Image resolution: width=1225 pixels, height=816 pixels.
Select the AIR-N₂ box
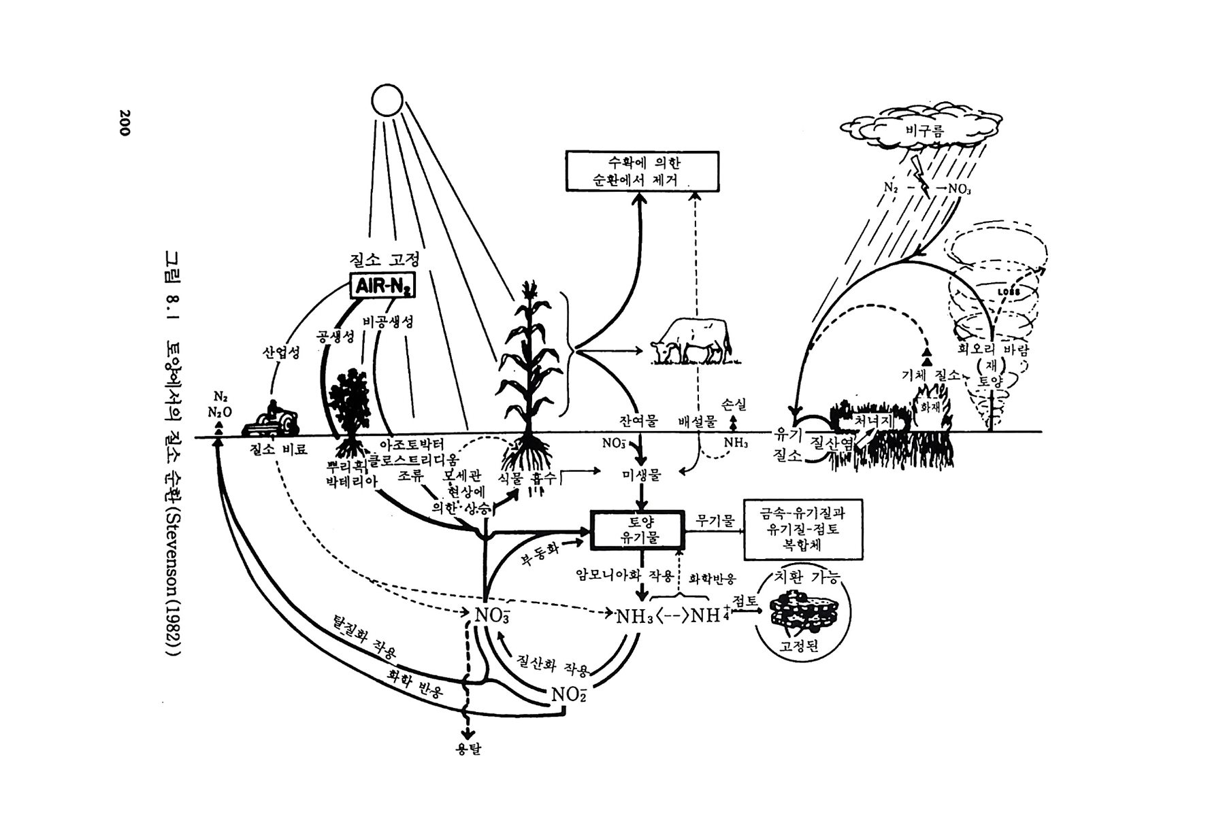(x=382, y=287)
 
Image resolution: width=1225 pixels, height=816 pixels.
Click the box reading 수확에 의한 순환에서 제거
(x=642, y=171)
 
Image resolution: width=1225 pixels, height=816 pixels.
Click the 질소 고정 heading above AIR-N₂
(x=384, y=260)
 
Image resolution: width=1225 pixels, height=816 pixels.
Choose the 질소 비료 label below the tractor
(x=278, y=449)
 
